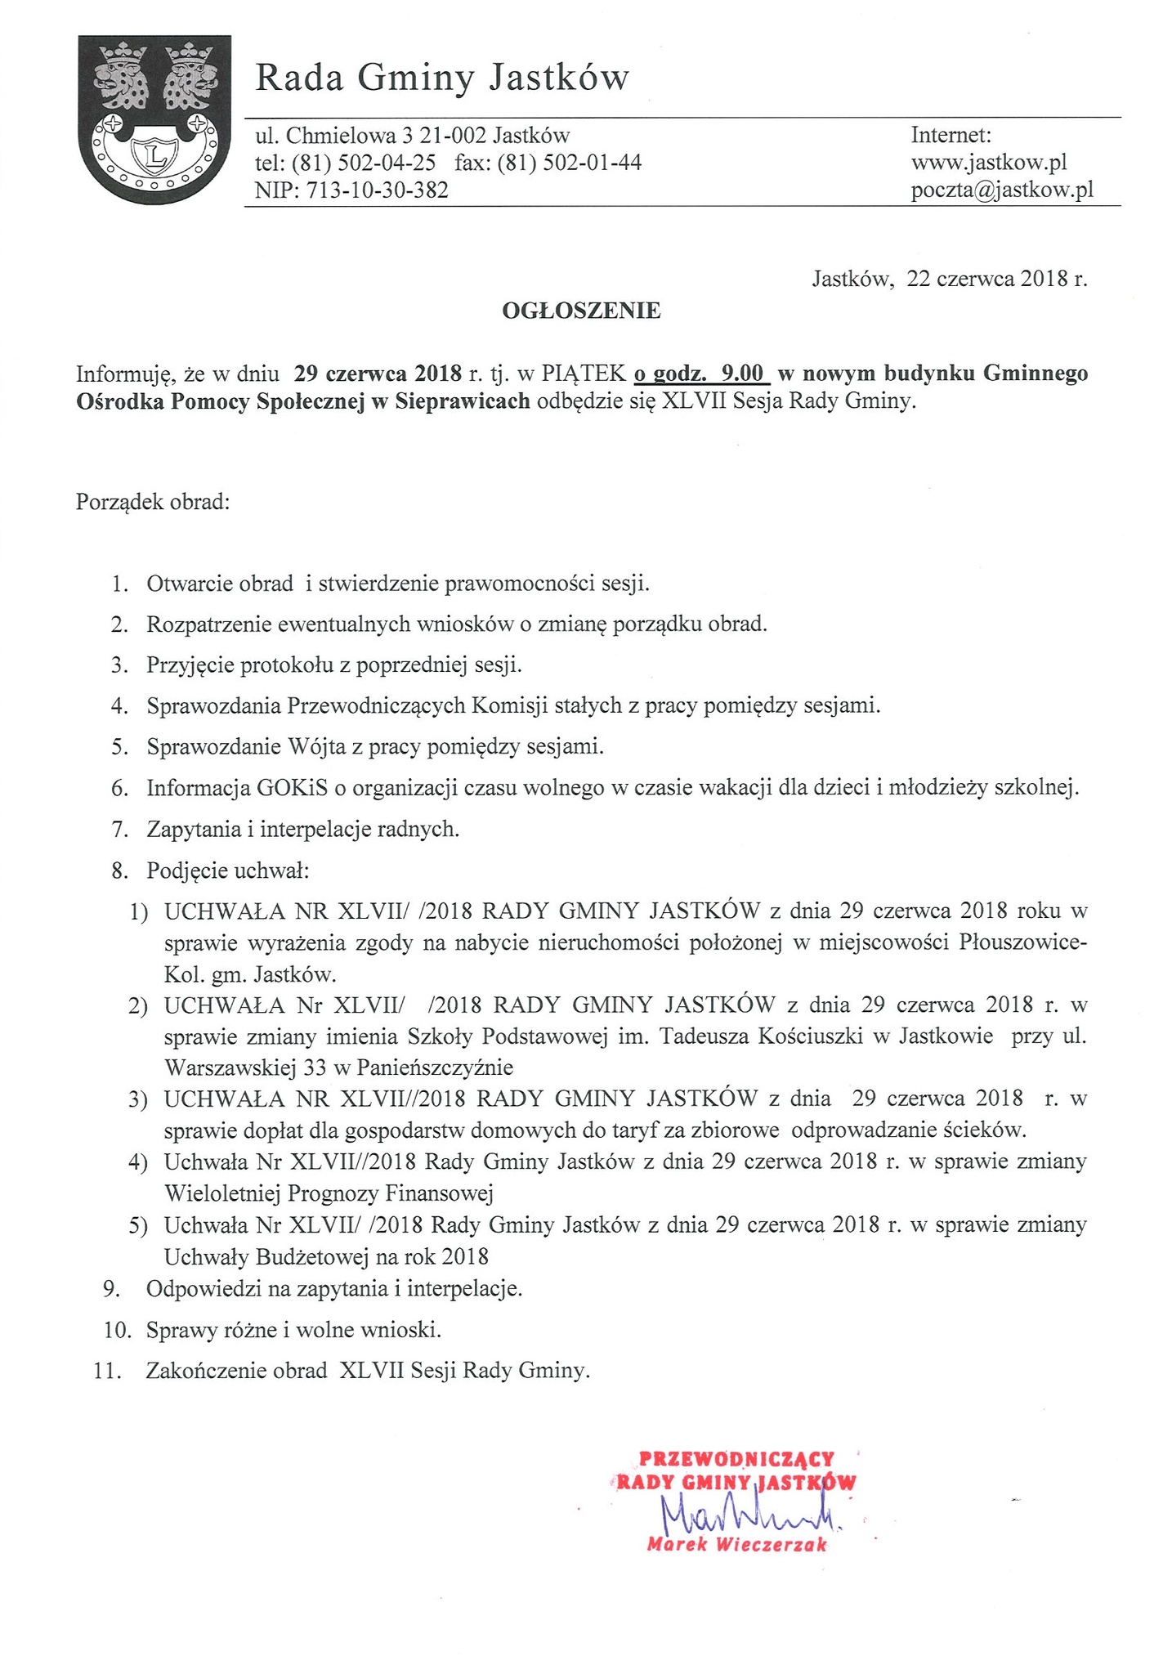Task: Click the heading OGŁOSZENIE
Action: pos(581,311)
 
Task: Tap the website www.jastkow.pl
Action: pos(989,163)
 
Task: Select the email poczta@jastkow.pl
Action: pos(1002,190)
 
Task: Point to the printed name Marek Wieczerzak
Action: pos(736,1544)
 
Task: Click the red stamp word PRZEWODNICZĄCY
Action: pos(736,1457)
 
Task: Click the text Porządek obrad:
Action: pos(153,501)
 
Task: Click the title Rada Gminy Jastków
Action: pos(442,78)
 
